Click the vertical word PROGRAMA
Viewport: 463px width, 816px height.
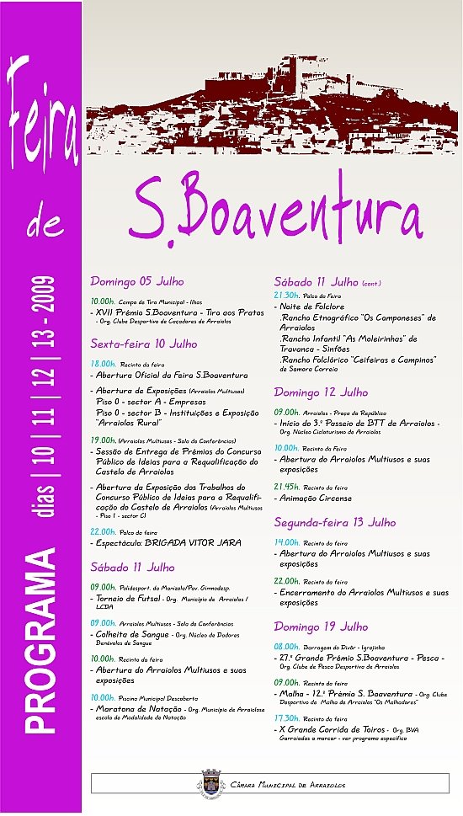[41, 640]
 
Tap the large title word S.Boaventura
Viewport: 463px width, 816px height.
[275, 207]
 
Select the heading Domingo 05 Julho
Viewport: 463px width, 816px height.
[136, 281]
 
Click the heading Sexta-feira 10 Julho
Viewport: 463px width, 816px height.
[144, 344]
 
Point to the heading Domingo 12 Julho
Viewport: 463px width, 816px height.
[321, 392]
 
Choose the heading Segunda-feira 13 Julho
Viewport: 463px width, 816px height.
[334, 522]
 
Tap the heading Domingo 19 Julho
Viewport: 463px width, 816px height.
[321, 627]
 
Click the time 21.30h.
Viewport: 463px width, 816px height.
[287, 296]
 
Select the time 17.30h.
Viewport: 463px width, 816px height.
[287, 718]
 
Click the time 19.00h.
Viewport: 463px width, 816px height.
[104, 440]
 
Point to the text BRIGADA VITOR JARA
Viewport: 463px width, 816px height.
[194, 542]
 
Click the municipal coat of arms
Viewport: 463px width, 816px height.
[210, 783]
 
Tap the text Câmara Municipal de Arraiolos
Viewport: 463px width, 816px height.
[287, 784]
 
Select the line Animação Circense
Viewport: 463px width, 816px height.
[312, 499]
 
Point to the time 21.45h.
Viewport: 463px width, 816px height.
[287, 488]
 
